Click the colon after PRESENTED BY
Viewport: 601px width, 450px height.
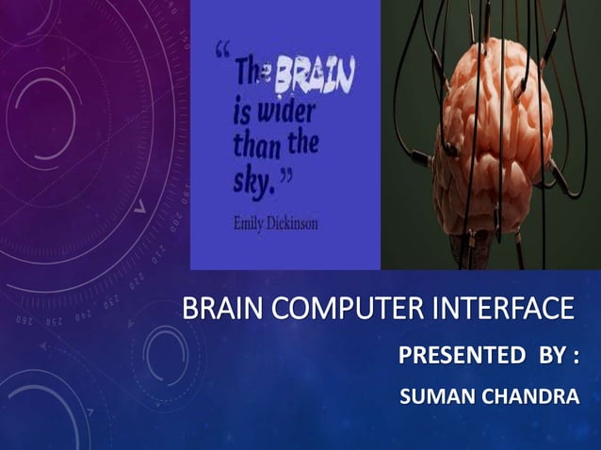(573, 359)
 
